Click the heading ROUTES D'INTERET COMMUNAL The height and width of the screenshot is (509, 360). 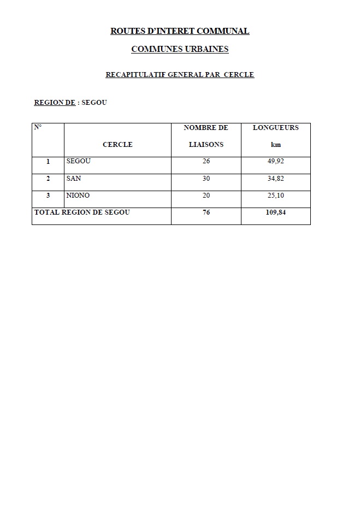click(x=180, y=31)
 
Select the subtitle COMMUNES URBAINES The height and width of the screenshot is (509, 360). click(x=180, y=49)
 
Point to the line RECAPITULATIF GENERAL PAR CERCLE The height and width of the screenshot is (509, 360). click(x=180, y=75)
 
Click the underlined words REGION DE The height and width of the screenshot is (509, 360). click(x=55, y=102)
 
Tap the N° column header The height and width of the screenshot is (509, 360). click(x=38, y=127)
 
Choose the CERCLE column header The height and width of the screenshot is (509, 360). click(x=117, y=145)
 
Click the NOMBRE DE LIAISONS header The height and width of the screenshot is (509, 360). click(x=206, y=136)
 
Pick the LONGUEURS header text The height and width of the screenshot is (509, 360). click(x=275, y=128)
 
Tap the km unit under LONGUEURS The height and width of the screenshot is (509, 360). click(x=275, y=145)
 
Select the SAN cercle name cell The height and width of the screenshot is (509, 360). click(x=74, y=179)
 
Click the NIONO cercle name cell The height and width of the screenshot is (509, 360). click(x=78, y=196)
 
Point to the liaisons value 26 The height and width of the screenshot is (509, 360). click(x=206, y=162)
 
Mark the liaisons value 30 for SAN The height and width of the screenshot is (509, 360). click(x=206, y=179)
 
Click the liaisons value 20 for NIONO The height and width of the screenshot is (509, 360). click(x=206, y=196)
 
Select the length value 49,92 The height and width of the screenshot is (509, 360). click(x=275, y=162)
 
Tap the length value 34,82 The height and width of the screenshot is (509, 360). click(x=275, y=179)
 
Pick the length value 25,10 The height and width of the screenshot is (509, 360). click(x=275, y=196)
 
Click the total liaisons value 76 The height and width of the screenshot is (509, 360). click(x=206, y=212)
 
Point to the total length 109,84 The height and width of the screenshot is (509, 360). click(x=275, y=212)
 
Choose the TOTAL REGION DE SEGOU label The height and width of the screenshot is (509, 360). click(x=82, y=212)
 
